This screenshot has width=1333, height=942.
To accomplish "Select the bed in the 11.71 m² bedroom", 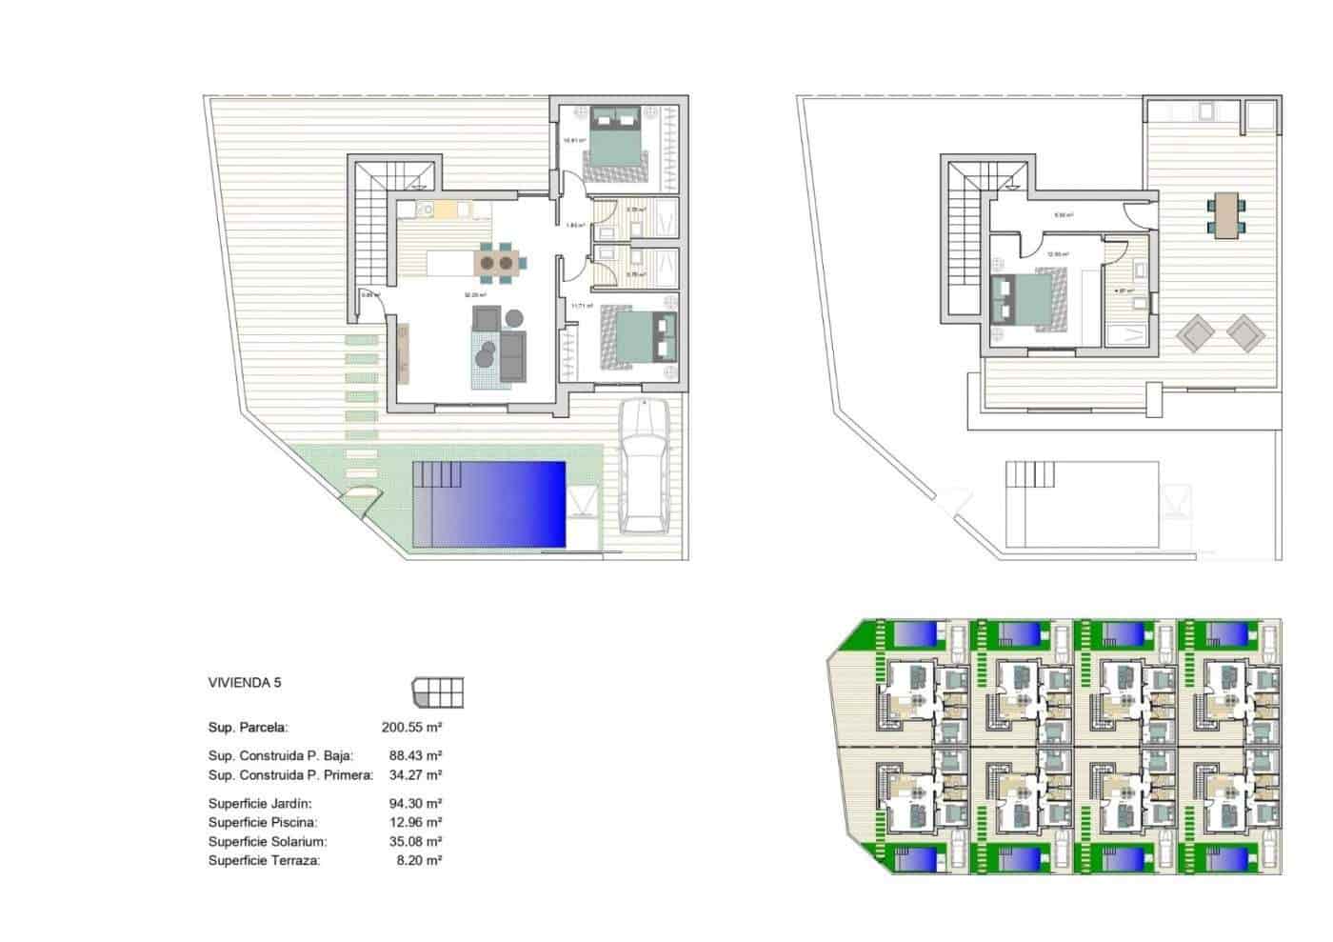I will point(637,338).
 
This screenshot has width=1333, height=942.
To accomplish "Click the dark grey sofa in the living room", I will point(513,354).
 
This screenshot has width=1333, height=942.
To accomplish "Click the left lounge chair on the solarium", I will point(1194,332).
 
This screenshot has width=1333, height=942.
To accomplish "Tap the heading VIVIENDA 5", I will point(245,683).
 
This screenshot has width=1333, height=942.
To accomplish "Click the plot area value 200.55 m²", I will point(412,727).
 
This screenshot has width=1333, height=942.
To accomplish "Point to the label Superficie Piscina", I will point(263,822).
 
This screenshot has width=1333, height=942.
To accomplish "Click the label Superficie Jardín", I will point(260,803).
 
